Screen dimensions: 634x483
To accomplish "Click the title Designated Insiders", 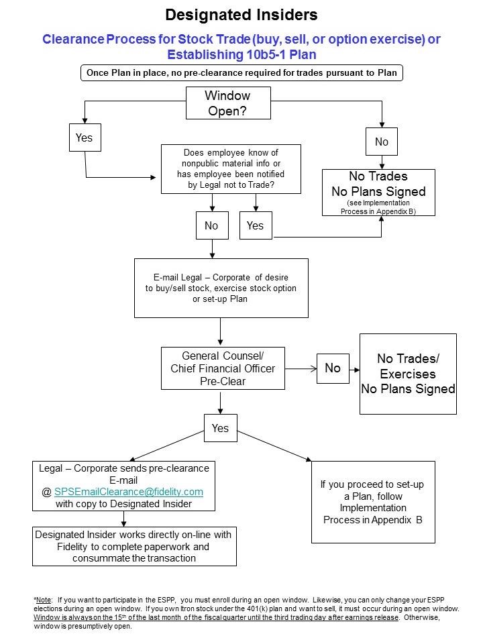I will point(241,15).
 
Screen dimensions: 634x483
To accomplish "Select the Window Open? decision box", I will point(227,103).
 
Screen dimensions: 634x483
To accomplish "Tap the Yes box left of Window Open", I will point(84,138).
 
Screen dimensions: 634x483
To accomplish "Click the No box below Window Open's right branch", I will point(381,142).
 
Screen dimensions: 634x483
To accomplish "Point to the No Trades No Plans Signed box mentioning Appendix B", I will point(378,192).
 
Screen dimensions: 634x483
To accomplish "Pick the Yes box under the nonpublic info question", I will point(256,225).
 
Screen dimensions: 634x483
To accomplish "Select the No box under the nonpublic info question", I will point(211,225).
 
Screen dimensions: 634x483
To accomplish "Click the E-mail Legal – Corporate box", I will point(221,288).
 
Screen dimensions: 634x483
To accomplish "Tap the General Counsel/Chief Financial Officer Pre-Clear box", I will point(223,368).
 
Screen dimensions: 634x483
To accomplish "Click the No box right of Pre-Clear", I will point(333,368).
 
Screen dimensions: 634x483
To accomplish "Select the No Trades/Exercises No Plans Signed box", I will point(408,374).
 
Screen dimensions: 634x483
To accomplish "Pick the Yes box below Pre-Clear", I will point(220,428).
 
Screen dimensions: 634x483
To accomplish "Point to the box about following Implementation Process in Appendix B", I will point(373,502).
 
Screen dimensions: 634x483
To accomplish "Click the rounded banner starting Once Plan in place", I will point(241,73).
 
